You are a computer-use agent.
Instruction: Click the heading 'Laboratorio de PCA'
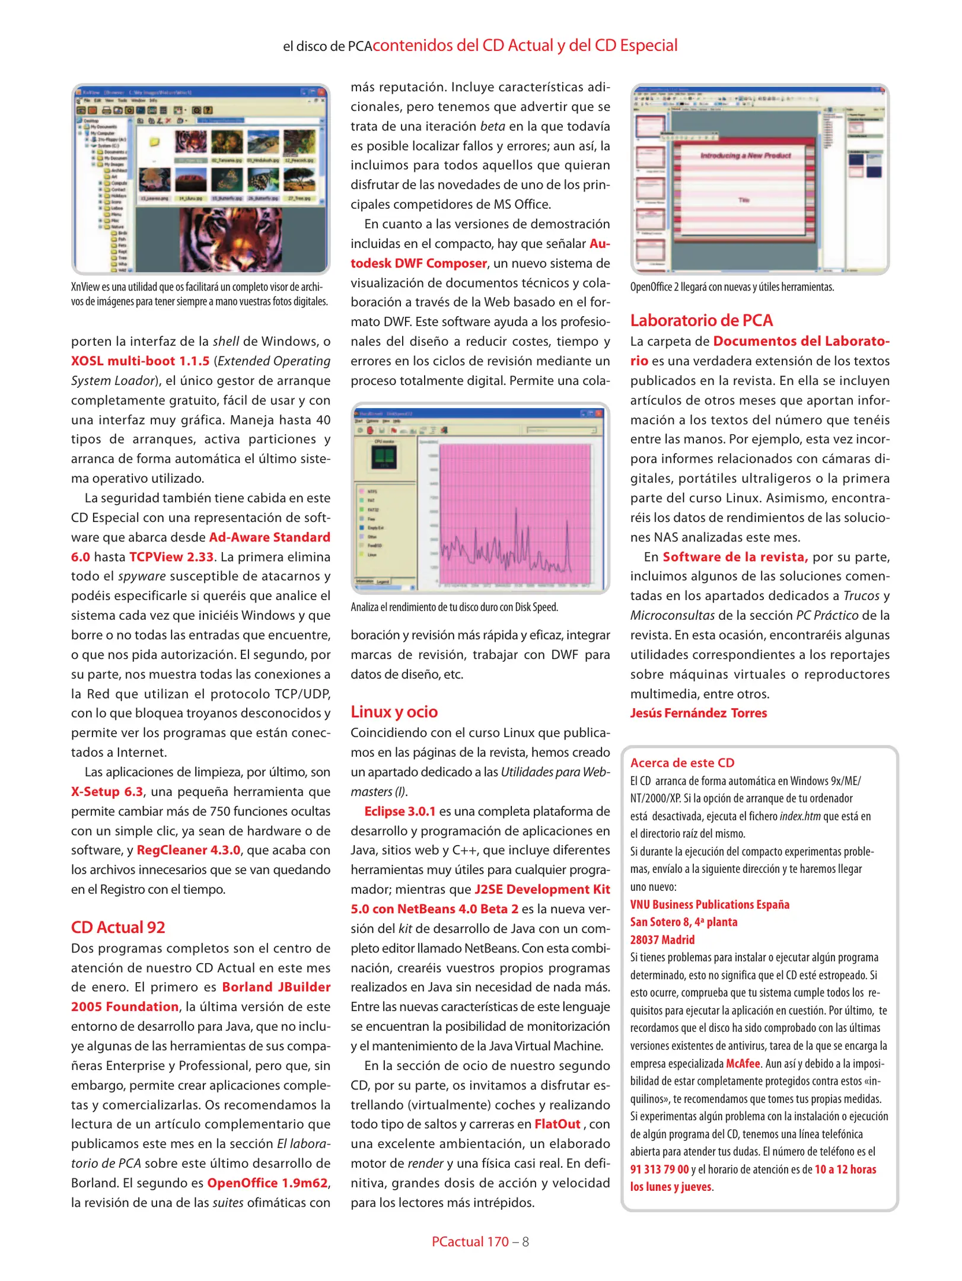click(x=701, y=321)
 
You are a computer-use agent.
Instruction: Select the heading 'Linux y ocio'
click(x=394, y=712)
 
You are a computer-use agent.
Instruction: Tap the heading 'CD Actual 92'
click(x=118, y=928)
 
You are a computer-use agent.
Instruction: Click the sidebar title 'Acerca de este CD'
click(x=682, y=763)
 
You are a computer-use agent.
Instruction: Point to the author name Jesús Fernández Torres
click(x=698, y=713)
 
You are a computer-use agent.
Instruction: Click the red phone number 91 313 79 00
click(x=659, y=1170)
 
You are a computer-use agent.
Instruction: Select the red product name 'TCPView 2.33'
click(x=171, y=557)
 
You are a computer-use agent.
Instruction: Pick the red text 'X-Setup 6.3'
click(x=107, y=792)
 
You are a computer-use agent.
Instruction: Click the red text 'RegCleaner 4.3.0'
click(x=189, y=850)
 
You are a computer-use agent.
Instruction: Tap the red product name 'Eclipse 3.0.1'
click(x=400, y=811)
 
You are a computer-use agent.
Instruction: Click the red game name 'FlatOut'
click(x=557, y=1124)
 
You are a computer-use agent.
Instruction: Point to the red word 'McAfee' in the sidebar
click(x=743, y=1063)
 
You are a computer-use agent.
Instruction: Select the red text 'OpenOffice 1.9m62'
click(x=267, y=1183)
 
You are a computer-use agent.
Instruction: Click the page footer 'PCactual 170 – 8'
click(x=480, y=1242)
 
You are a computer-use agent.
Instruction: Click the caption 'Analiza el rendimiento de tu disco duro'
click(x=454, y=607)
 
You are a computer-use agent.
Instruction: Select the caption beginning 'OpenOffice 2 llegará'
click(x=732, y=287)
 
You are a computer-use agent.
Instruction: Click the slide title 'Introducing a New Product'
click(x=746, y=155)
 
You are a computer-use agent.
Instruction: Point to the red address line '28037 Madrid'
click(x=662, y=940)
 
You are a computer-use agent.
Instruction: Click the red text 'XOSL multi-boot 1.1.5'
click(x=140, y=361)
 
